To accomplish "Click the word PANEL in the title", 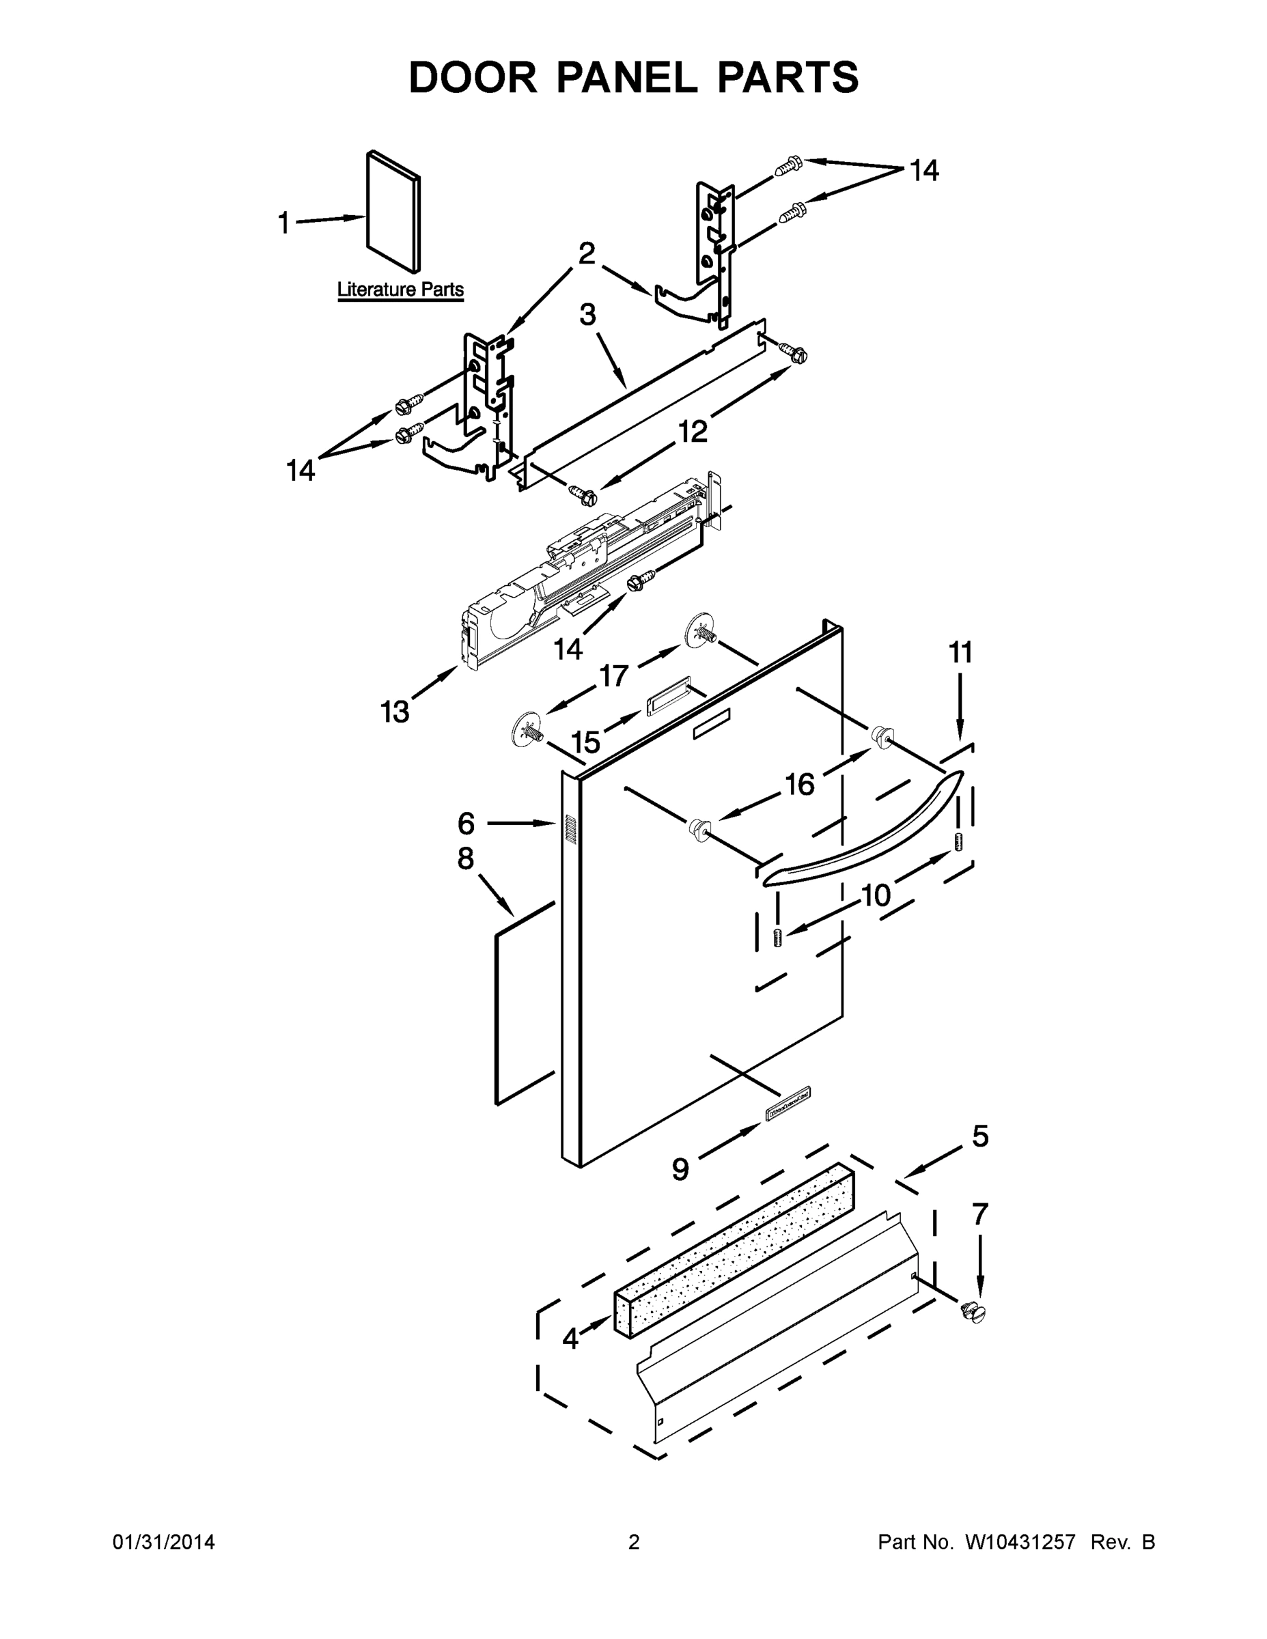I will [627, 77].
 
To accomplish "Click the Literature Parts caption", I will [400, 290].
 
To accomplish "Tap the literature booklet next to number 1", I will [393, 212].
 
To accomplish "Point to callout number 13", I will [395, 712].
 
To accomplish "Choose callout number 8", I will [465, 858].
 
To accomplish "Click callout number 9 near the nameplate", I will [680, 1168].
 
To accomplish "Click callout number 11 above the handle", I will [960, 653].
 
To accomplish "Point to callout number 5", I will [980, 1137].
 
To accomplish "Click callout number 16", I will [799, 785].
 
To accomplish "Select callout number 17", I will [613, 676].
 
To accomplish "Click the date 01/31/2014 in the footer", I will [164, 1542].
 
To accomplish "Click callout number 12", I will [693, 432].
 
